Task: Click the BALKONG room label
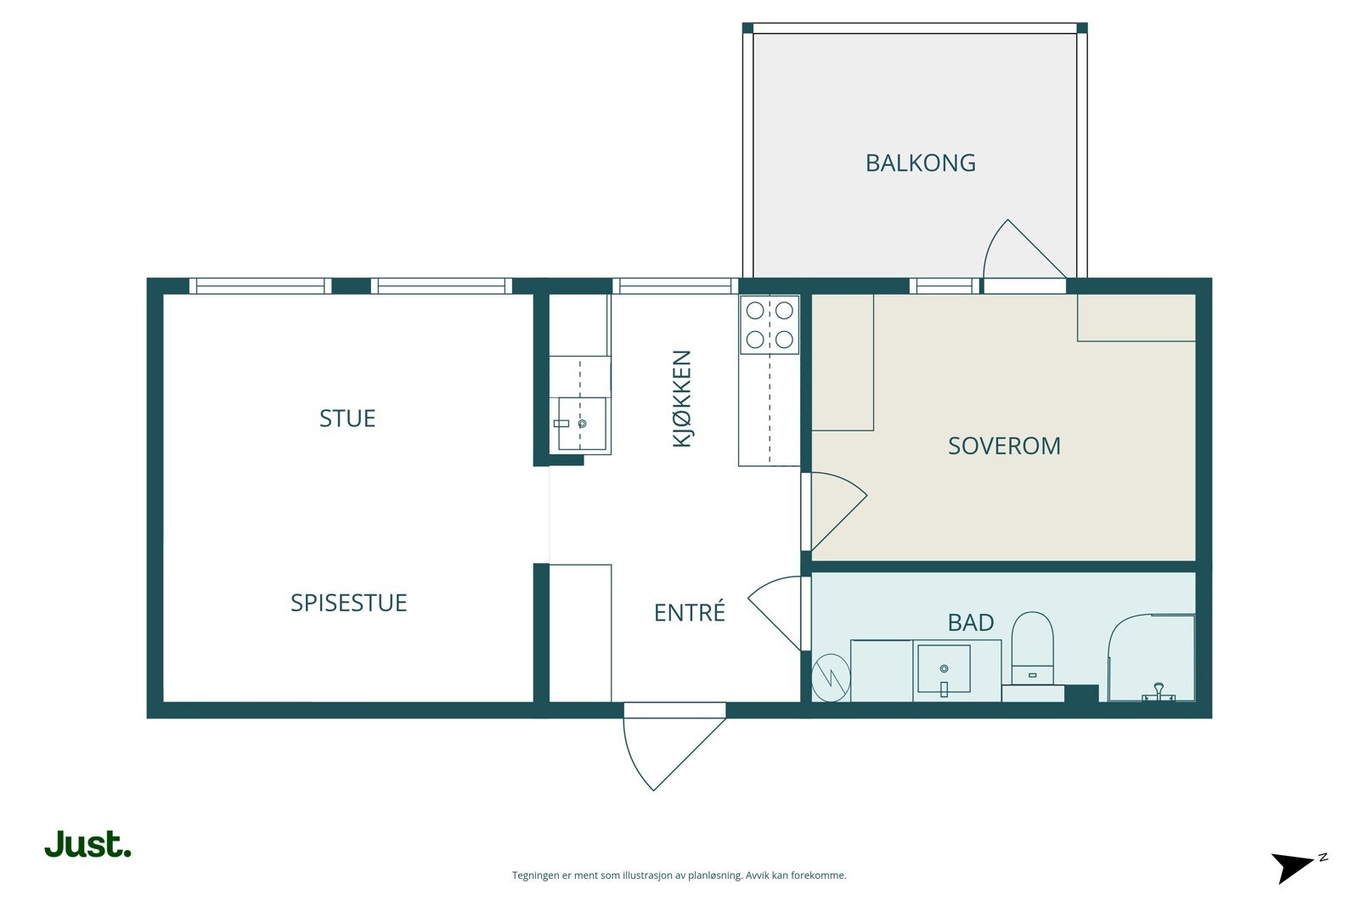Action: point(921,163)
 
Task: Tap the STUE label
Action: point(347,419)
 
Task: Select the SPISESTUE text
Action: point(349,603)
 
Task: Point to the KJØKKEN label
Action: point(682,398)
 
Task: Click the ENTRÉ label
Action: point(689,612)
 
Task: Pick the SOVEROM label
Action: point(1004,447)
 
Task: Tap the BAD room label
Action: point(971,622)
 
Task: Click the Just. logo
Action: point(88,844)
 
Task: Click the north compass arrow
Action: point(1294,867)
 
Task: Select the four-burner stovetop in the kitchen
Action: point(770,325)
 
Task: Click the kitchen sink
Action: point(581,424)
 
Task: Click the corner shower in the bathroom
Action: point(1152,658)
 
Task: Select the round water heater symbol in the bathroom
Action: point(831,678)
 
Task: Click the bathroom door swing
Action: point(775,612)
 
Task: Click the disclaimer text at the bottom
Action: point(679,875)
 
